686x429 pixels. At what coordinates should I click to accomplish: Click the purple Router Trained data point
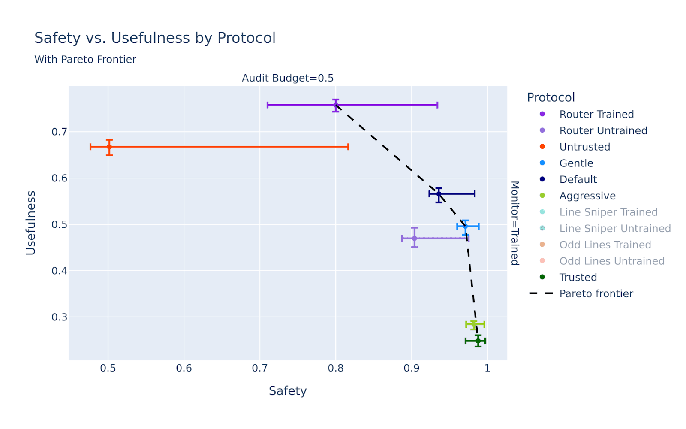click(x=336, y=105)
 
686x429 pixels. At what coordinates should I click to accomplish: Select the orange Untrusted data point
click(x=109, y=147)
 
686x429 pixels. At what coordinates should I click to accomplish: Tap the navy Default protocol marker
click(x=439, y=194)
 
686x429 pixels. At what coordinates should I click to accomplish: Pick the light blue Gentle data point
click(x=465, y=226)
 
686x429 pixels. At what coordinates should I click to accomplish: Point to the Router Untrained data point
click(x=414, y=238)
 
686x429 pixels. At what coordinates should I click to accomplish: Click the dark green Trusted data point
click(x=478, y=341)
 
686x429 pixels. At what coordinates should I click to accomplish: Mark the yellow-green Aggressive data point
click(x=474, y=324)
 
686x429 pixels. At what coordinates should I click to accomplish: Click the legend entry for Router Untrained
click(x=603, y=131)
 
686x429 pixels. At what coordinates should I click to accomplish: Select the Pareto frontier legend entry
click(x=596, y=294)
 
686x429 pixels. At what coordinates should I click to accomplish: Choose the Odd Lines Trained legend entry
click(x=605, y=245)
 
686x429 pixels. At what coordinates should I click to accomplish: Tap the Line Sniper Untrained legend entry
click(x=615, y=229)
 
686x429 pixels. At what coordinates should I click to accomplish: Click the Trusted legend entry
click(x=578, y=278)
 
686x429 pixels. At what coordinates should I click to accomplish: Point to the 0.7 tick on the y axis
click(x=59, y=132)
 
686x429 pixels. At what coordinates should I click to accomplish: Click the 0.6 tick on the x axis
click(x=184, y=369)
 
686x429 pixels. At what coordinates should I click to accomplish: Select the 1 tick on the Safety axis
click(x=487, y=369)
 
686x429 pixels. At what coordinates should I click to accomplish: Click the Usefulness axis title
click(x=31, y=223)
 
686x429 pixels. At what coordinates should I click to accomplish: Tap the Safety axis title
click(x=288, y=391)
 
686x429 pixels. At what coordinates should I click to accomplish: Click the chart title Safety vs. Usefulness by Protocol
click(x=155, y=38)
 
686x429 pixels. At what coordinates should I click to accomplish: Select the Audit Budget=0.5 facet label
click(x=288, y=78)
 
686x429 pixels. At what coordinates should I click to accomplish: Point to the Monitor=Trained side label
click(x=515, y=223)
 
